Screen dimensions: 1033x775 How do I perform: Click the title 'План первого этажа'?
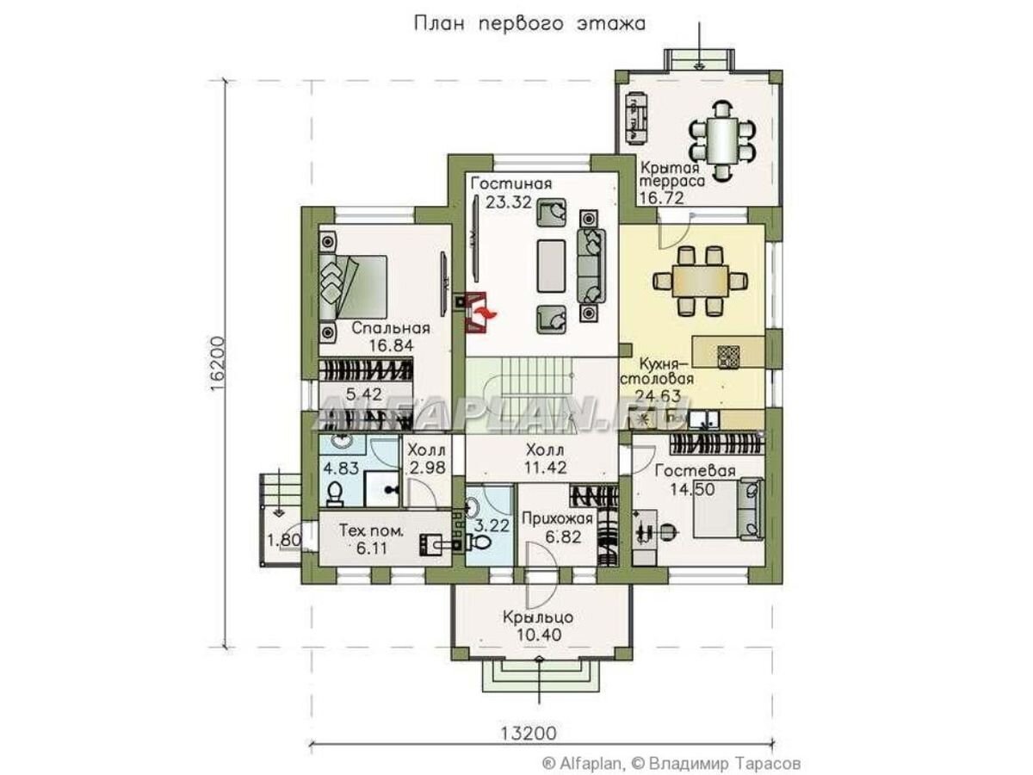(x=529, y=24)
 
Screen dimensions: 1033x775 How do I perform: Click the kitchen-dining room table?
(x=700, y=281)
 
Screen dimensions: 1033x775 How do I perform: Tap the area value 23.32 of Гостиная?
(x=508, y=202)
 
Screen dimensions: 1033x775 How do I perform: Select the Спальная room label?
(x=391, y=327)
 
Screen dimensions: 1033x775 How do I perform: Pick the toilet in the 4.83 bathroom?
(x=335, y=494)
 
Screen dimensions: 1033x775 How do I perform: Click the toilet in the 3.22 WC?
(x=479, y=542)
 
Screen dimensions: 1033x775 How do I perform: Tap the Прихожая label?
(x=557, y=518)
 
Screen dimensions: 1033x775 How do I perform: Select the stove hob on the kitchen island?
(x=728, y=356)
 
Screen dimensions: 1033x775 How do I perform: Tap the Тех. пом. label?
(x=371, y=531)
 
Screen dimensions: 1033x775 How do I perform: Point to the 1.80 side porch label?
(x=284, y=540)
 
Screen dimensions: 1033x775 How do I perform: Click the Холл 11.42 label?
(x=546, y=458)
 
